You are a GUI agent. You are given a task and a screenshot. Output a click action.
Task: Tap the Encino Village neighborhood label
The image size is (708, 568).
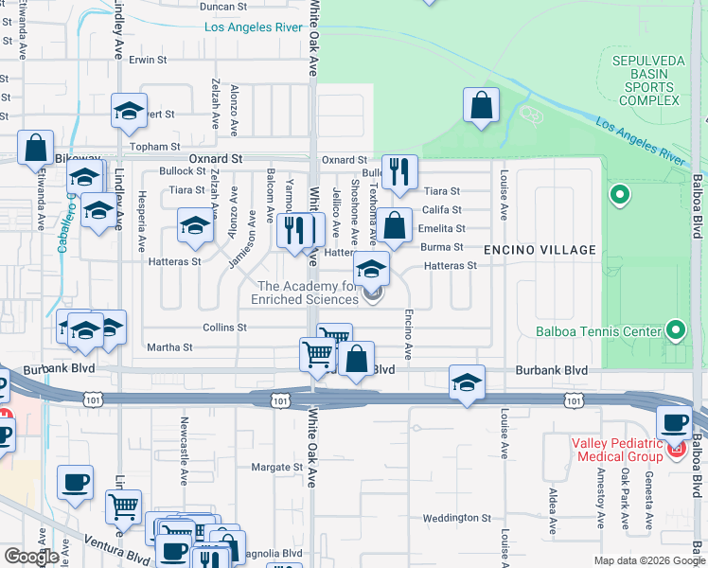[540, 250]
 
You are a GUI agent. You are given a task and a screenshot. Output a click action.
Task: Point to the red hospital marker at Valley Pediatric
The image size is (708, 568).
[676, 449]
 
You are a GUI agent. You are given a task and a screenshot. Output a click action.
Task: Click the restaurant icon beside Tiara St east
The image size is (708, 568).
[399, 171]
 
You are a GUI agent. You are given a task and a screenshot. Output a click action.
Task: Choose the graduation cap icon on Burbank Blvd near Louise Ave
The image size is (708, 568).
[467, 382]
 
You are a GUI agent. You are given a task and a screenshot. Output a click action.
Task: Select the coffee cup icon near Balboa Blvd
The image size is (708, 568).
[674, 423]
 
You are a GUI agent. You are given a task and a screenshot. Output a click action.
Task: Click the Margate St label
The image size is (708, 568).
[276, 467]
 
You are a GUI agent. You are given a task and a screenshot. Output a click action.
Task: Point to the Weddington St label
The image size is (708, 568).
[451, 518]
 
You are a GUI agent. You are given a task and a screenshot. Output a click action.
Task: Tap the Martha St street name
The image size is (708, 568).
[170, 347]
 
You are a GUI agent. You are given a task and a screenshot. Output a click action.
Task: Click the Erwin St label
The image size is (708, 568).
[148, 59]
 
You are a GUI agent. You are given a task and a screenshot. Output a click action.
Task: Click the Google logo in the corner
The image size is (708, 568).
[31, 557]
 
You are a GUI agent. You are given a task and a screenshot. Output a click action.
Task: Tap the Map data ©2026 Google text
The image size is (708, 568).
[648, 560]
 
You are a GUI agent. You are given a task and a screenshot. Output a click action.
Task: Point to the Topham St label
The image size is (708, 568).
[156, 147]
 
